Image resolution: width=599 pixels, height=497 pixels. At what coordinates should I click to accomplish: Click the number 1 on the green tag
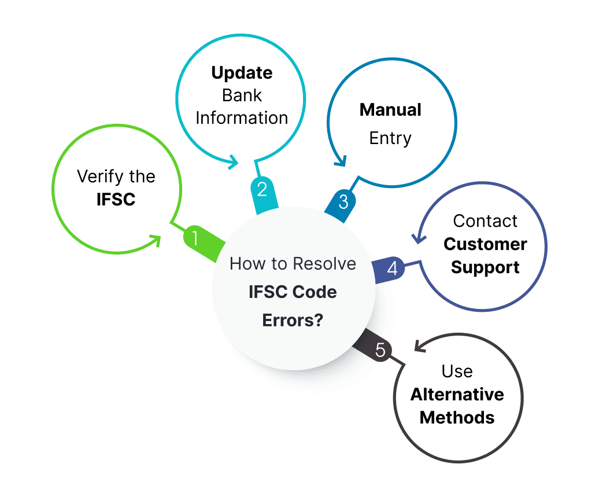pyautogui.click(x=195, y=238)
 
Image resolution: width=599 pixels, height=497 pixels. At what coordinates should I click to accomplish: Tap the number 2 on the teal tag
pyautogui.click(x=262, y=189)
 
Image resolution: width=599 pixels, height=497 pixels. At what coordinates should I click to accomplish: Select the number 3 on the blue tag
pyautogui.click(x=343, y=202)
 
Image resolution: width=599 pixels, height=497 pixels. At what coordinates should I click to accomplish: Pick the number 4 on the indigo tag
pyautogui.click(x=393, y=268)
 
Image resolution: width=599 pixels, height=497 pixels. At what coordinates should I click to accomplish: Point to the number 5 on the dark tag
pyautogui.click(x=380, y=350)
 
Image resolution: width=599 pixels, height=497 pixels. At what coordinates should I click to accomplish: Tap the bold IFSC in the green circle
pyautogui.click(x=116, y=199)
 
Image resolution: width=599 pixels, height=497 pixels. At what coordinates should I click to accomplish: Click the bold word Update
pyautogui.click(x=242, y=73)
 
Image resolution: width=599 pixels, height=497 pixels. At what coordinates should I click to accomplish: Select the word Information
pyautogui.click(x=242, y=118)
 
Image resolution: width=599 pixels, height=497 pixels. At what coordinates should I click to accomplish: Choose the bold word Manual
pyautogui.click(x=390, y=110)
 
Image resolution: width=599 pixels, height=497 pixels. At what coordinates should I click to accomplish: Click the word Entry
pyautogui.click(x=390, y=138)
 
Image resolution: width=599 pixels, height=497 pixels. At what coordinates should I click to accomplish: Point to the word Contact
pyautogui.click(x=485, y=221)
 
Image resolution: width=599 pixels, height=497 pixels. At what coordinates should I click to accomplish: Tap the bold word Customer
pyautogui.click(x=485, y=244)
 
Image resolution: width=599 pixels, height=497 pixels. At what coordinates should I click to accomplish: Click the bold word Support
pyautogui.click(x=485, y=268)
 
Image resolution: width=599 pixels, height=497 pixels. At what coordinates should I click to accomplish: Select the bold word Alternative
pyautogui.click(x=457, y=394)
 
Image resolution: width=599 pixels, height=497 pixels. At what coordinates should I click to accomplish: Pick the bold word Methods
pyautogui.click(x=457, y=418)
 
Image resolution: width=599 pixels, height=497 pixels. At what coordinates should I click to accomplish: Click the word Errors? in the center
pyautogui.click(x=293, y=321)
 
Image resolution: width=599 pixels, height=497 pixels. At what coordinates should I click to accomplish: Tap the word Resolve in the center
pyautogui.click(x=324, y=264)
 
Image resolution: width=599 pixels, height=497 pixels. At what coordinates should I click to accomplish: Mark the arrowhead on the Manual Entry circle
pyautogui.click(x=341, y=161)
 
